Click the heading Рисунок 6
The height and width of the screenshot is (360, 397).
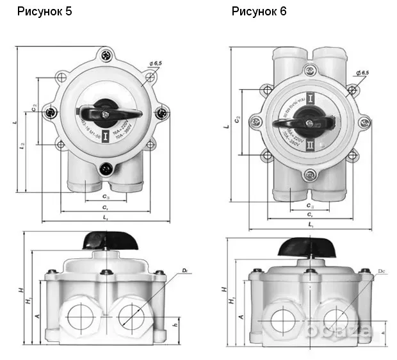pos(259,12)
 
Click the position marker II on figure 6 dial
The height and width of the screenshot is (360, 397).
pos(311,146)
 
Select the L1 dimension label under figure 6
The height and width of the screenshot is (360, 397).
pos(310,225)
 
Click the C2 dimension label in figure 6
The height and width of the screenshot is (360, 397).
pos(237,120)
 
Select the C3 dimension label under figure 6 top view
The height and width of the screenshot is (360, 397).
pos(310,206)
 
